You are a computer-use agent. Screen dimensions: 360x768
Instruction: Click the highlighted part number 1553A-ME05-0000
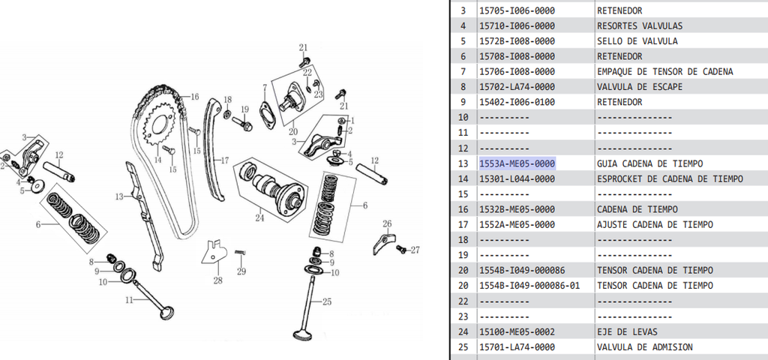(517, 163)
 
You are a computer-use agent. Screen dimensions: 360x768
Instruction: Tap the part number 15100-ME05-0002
(517, 331)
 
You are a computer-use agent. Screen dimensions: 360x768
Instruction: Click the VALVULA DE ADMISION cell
(644, 347)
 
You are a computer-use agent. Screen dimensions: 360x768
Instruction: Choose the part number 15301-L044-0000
(517, 178)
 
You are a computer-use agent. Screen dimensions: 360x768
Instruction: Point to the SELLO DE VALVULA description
(637, 41)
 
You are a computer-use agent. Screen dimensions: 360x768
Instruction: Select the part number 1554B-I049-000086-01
(529, 286)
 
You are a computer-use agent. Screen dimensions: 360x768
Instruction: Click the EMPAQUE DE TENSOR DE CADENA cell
(664, 71)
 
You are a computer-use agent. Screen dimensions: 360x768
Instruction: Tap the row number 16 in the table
(463, 209)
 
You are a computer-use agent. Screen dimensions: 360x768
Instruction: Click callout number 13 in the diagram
(118, 196)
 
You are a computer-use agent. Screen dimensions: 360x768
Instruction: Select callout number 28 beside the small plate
(217, 280)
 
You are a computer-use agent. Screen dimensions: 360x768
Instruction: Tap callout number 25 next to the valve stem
(326, 302)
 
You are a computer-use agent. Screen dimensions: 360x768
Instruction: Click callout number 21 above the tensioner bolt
(304, 48)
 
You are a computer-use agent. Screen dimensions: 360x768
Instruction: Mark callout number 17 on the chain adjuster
(223, 160)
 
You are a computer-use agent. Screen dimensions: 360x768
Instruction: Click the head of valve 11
(167, 310)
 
